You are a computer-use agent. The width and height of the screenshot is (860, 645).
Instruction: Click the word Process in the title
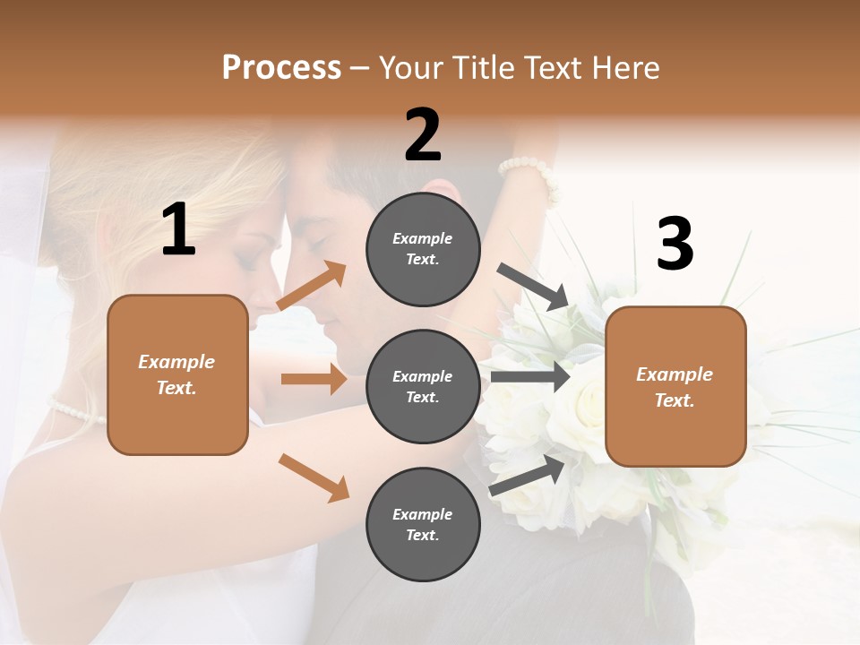pos(281,68)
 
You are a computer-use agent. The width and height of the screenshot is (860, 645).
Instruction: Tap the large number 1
pos(178,230)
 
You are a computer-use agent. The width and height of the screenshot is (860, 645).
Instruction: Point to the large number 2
pos(423,136)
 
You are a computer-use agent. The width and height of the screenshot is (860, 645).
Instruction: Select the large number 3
pos(675,245)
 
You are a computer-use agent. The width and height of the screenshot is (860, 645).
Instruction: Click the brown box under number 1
pos(177,374)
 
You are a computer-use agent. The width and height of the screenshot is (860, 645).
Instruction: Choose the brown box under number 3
pos(675,387)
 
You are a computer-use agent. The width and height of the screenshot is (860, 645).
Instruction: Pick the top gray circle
pos(423,249)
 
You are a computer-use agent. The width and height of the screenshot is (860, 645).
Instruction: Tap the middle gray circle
pos(423,386)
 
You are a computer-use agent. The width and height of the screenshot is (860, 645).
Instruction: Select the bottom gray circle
pos(423,524)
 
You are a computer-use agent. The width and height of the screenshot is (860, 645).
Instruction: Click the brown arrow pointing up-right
pos(312,287)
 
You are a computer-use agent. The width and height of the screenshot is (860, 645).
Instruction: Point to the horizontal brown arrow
pos(314,379)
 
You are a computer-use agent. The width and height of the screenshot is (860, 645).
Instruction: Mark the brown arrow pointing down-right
pos(314,477)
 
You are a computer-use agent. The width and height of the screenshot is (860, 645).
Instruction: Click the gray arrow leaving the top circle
pos(533,287)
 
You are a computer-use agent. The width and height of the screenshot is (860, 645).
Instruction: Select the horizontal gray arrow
pos(530,377)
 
